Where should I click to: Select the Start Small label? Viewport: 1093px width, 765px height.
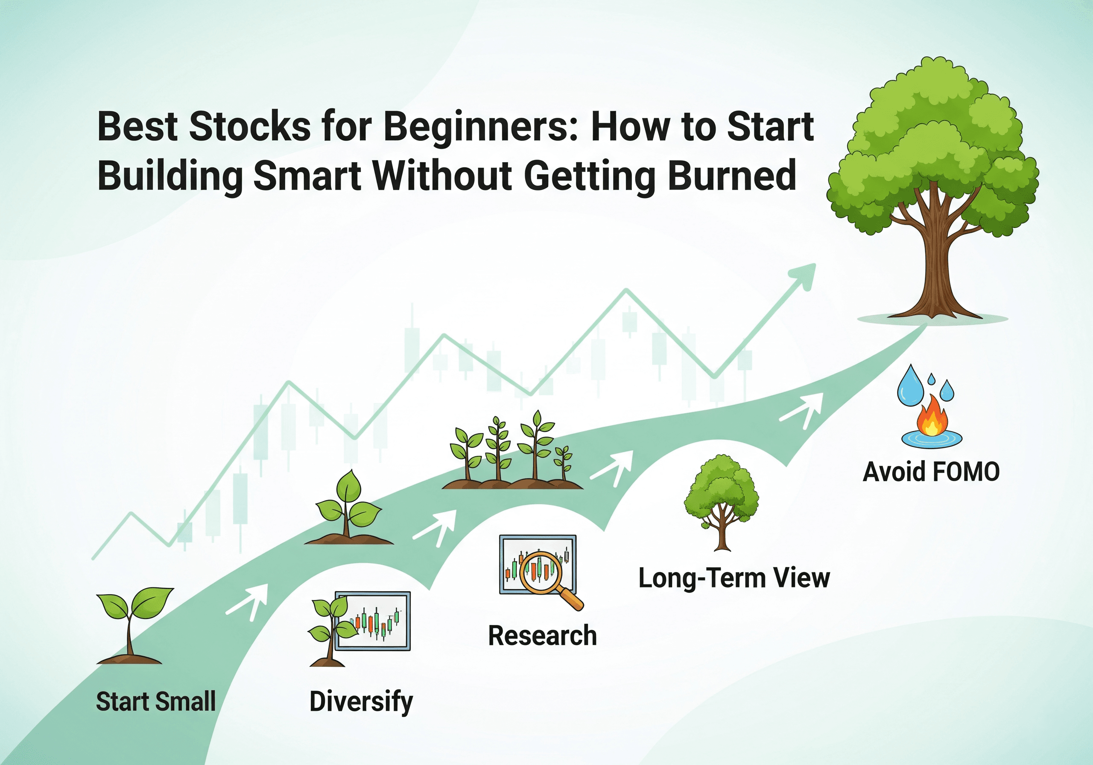pos(156,702)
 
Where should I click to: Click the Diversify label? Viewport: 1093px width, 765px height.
pos(361,702)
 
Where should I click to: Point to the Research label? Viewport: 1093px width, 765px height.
pos(542,636)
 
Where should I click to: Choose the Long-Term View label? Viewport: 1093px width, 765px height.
pos(734,578)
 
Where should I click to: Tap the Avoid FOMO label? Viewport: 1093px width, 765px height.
pos(931,472)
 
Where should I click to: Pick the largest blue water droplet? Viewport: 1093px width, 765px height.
pos(910,386)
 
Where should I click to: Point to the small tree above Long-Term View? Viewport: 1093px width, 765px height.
pos(722,500)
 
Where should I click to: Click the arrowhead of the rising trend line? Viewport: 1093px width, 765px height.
pos(804,276)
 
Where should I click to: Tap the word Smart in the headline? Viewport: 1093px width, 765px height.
pos(307,176)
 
